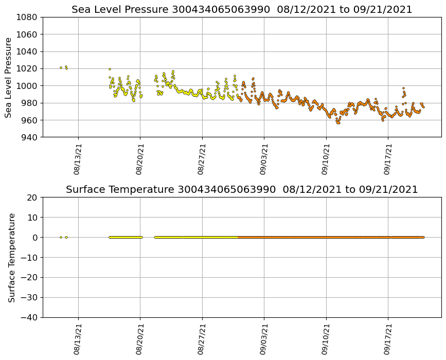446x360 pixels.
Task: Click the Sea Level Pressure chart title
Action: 242,9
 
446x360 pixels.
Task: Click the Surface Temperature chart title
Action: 242,190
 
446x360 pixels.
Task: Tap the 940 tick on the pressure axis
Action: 29,137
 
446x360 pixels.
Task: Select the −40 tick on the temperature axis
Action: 29,317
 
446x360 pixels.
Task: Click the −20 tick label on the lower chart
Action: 29,278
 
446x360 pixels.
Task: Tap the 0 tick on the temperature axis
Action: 36,238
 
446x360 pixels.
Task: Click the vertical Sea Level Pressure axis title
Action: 9,77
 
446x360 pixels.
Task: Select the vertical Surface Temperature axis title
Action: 11,257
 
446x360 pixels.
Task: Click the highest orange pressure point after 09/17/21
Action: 403,88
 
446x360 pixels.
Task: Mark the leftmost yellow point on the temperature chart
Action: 61,237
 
